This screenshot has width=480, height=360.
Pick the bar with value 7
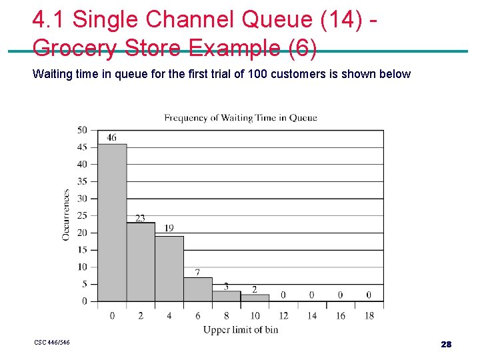(x=198, y=289)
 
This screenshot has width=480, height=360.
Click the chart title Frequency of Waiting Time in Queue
(x=241, y=118)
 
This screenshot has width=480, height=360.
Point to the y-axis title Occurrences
(x=66, y=215)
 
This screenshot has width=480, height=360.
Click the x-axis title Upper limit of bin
(x=241, y=329)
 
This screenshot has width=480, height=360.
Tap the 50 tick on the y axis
(x=82, y=130)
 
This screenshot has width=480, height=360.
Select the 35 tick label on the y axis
(x=82, y=181)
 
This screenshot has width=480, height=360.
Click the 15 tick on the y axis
(x=82, y=250)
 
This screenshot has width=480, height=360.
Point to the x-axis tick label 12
(x=283, y=315)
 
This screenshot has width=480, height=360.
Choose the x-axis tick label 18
(x=369, y=315)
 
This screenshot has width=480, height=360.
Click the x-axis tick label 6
(x=198, y=315)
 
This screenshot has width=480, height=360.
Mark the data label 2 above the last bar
(x=255, y=289)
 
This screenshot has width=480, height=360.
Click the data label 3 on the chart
(x=226, y=286)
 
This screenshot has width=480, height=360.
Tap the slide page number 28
(x=446, y=344)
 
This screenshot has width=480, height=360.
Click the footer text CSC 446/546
(x=52, y=343)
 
